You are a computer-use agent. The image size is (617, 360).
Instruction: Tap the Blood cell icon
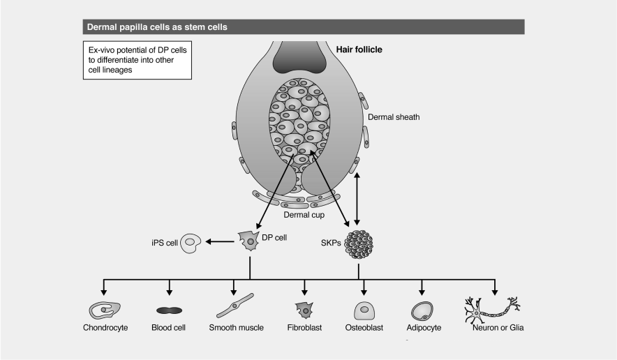click(170, 310)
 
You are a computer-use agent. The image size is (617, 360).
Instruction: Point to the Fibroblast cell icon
click(304, 309)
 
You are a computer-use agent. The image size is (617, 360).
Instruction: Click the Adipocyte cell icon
click(422, 310)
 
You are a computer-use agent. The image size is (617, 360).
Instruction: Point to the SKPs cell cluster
click(359, 244)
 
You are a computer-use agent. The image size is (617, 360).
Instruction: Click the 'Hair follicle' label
click(361, 50)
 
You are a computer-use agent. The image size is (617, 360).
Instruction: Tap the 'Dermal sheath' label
click(394, 117)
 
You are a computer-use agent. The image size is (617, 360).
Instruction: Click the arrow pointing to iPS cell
click(219, 242)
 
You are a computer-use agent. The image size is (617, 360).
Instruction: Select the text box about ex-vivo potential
click(137, 61)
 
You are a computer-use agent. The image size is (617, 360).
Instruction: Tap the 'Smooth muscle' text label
click(236, 328)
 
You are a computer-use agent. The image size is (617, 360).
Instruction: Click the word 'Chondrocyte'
click(105, 328)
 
